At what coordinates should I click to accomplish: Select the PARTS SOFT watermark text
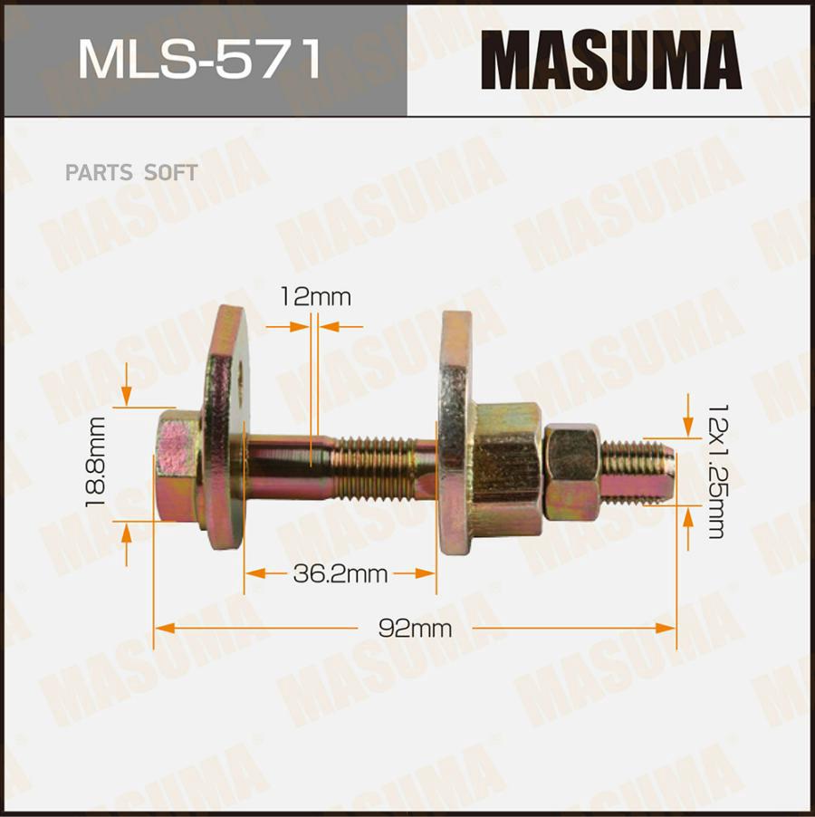pyautogui.click(x=130, y=172)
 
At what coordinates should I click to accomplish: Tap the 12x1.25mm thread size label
pyautogui.click(x=715, y=470)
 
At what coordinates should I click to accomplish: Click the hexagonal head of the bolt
pyautogui.click(x=177, y=466)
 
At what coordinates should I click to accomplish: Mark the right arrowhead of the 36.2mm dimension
pyautogui.click(x=426, y=573)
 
